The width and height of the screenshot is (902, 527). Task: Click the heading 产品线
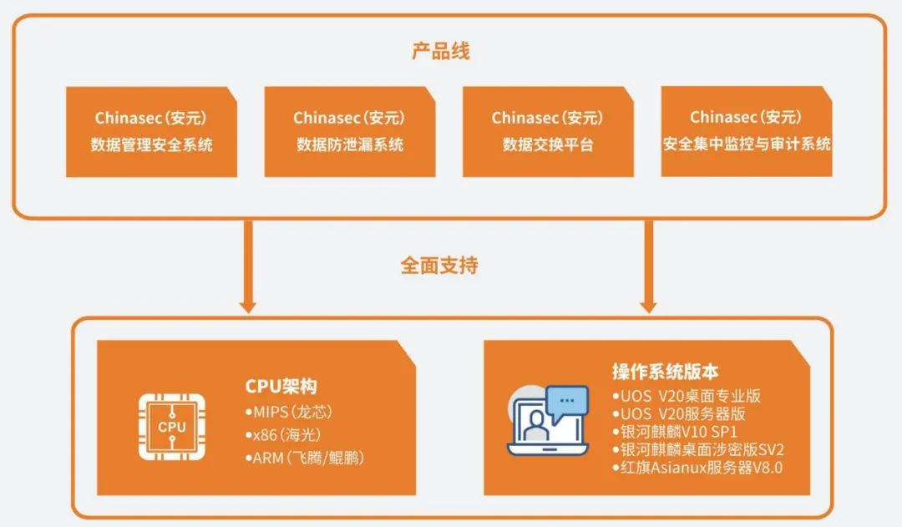[440, 51]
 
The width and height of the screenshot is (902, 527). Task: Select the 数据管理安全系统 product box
[151, 132]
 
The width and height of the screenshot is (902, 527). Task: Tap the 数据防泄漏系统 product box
[350, 132]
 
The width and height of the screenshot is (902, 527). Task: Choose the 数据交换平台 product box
[548, 132]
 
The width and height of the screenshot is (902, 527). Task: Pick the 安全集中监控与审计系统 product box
[747, 132]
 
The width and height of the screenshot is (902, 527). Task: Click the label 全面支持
[439, 266]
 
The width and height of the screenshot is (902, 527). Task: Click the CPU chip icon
[172, 426]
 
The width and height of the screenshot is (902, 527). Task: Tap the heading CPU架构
[281, 386]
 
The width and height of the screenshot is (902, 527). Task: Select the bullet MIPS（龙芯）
[288, 413]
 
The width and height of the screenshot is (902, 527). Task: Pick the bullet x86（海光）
[283, 435]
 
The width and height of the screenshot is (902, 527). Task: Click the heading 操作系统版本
[665, 372]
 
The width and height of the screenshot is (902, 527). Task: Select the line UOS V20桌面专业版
[687, 395]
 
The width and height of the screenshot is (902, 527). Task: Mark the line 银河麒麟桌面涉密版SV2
[698, 449]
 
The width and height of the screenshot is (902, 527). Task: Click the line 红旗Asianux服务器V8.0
[697, 468]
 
